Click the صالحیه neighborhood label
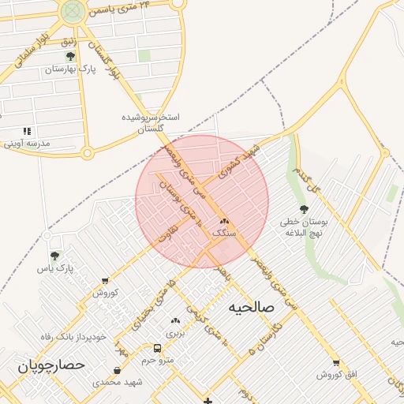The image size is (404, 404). coord(250,307)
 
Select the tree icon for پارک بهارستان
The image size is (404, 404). coord(70,57)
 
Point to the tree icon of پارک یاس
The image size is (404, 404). coord(54,256)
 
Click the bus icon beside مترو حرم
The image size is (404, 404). coord(158,348)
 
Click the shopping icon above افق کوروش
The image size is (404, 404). coord(337,362)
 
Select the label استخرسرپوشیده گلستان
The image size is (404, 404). coord(151,122)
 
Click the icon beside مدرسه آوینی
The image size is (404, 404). coord(27,132)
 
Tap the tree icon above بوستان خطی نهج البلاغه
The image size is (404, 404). coord(304,209)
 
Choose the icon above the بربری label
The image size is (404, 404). coord(175,321)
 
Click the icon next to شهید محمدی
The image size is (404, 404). coord(118,370)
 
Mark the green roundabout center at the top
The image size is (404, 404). coord(73,10)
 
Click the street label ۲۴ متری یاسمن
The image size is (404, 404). coord(120,9)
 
